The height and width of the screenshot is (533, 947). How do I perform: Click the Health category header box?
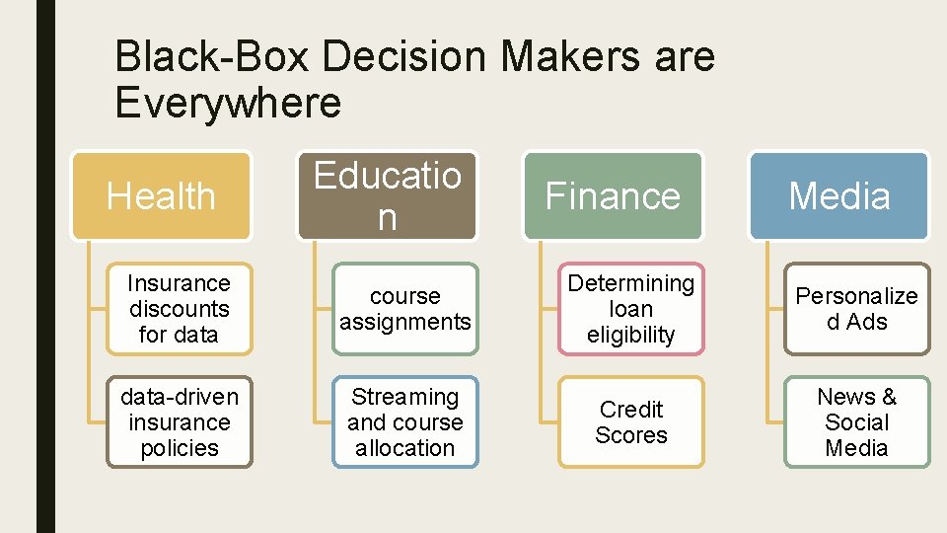click(x=161, y=195)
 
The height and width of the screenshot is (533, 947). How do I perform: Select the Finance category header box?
click(x=613, y=195)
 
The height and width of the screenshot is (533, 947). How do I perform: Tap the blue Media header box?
click(x=839, y=195)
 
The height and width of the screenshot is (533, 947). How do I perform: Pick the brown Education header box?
click(x=387, y=195)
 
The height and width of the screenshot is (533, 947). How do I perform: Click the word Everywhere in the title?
click(x=228, y=103)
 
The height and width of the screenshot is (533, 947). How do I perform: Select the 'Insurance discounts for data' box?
click(x=179, y=309)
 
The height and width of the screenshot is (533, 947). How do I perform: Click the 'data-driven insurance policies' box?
click(x=179, y=422)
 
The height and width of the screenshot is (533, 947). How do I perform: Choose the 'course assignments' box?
click(x=405, y=309)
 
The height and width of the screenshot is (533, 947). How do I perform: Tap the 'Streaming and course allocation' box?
click(x=405, y=422)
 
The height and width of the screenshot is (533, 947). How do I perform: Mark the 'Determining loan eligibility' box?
click(x=631, y=309)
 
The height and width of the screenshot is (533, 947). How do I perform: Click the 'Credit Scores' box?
click(x=631, y=422)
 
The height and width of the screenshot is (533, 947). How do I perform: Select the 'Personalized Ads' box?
click(x=856, y=309)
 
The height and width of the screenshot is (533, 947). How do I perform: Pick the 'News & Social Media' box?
click(x=856, y=422)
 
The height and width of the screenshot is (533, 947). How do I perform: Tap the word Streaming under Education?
click(x=405, y=397)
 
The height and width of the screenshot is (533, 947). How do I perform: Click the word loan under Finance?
click(x=631, y=309)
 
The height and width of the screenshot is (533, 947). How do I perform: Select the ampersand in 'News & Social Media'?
click(x=888, y=397)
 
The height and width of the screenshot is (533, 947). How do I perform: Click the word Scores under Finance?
click(x=631, y=435)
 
